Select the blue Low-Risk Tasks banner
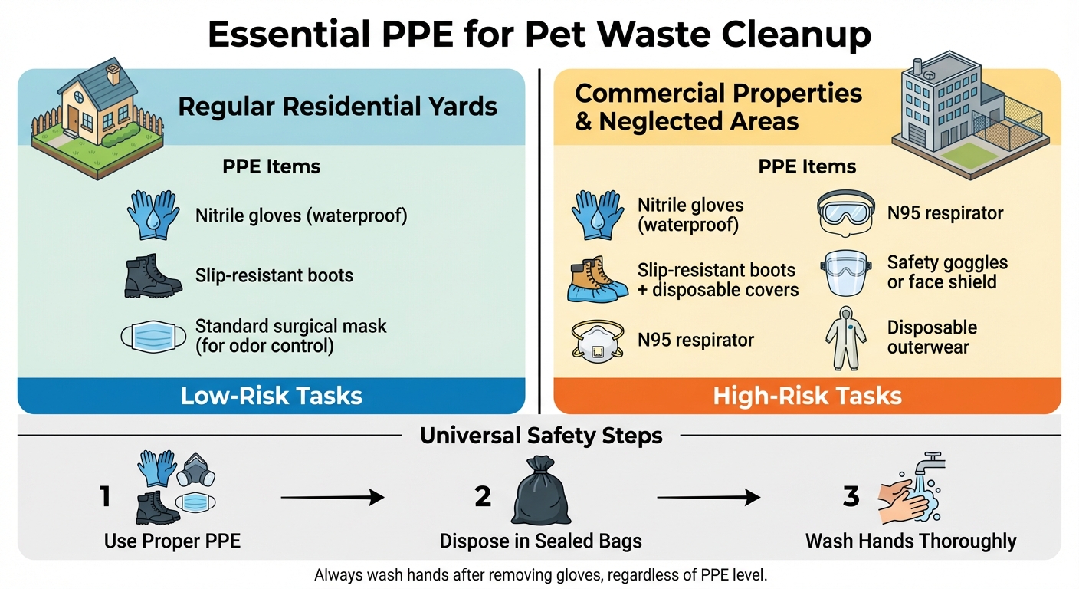click(271, 396)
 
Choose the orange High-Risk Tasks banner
click(807, 396)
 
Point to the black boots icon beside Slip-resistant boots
click(153, 275)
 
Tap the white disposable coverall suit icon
click(845, 338)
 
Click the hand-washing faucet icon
click(913, 487)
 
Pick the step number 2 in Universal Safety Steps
click(483, 497)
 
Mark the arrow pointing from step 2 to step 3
click(708, 499)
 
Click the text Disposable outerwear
click(932, 337)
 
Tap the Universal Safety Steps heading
click(541, 436)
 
